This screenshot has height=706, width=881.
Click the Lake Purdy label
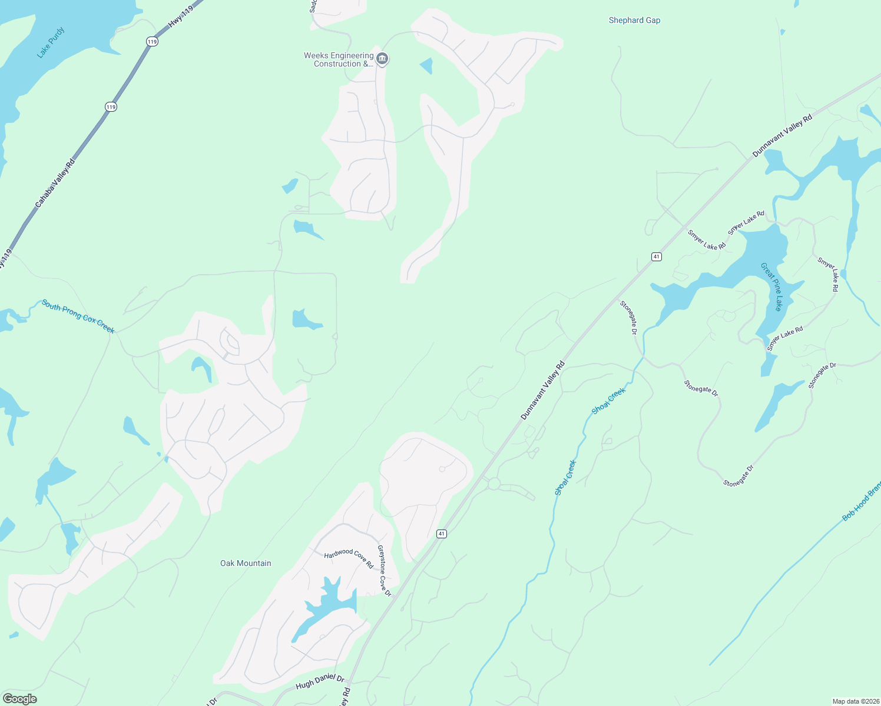coord(51,43)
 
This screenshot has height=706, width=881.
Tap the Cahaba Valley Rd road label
coord(55,183)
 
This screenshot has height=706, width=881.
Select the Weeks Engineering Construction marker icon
coord(382,59)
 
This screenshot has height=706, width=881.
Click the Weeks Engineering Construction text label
coord(339,59)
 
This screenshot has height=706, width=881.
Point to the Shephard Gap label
coord(634,20)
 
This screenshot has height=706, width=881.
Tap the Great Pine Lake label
coord(771,287)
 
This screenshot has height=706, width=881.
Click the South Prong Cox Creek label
coord(78,317)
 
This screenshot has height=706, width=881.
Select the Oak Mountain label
coord(246,563)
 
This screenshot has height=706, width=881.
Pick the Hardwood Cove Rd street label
coord(349,558)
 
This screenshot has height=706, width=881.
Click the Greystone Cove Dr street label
coord(384,571)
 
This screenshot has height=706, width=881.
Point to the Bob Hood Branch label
coord(861,502)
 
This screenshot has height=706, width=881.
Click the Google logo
coord(19,699)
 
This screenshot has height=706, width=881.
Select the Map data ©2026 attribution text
coord(854,701)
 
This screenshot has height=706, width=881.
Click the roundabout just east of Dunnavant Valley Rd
coord(494,484)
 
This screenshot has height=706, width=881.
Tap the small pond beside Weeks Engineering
coord(426,66)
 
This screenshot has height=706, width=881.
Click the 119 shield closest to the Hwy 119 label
coord(152,41)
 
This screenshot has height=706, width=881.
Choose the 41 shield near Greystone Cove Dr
coord(441,534)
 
